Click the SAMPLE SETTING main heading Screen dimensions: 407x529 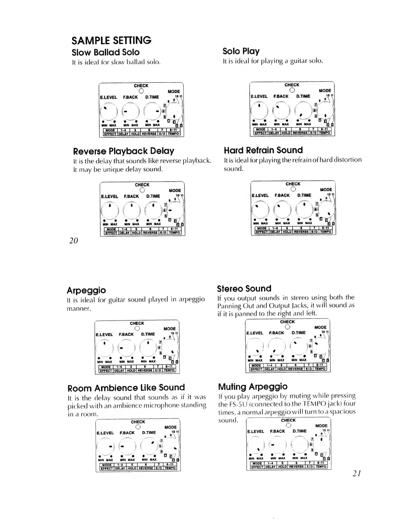[x=111, y=40]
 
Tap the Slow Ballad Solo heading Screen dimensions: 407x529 [x=106, y=52]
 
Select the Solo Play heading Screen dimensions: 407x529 [x=241, y=51]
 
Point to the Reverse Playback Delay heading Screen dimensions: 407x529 [x=124, y=151]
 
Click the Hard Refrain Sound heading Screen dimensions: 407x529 [x=263, y=150]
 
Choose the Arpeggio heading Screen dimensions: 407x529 [x=86, y=290]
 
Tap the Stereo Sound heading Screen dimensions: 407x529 [x=244, y=289]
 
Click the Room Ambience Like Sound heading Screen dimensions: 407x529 [x=126, y=388]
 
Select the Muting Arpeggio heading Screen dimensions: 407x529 [x=253, y=387]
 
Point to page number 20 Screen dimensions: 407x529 [x=74, y=241]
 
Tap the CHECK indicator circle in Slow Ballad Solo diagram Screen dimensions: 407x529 [x=141, y=91]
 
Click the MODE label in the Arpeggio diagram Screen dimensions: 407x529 [x=170, y=329]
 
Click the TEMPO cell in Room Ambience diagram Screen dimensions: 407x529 [x=170, y=468]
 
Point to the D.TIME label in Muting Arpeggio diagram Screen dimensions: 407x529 [x=299, y=431]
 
